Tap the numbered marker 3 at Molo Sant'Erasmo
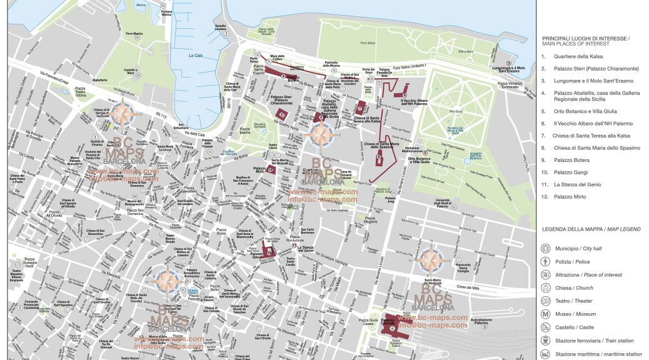pyautogui.click(x=509, y=63)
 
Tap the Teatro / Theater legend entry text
pyautogui.click(x=573, y=301)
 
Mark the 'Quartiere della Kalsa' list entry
pyautogui.click(x=578, y=57)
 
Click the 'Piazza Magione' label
pyautogui.click(x=371, y=219)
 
